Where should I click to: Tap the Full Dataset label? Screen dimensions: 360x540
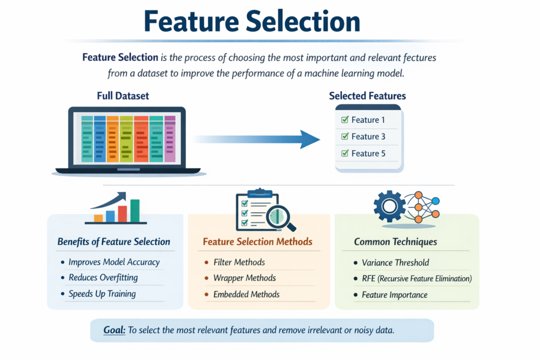[x=123, y=96]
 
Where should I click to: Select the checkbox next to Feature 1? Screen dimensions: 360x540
[x=345, y=120]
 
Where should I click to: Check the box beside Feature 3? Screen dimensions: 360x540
[x=345, y=137]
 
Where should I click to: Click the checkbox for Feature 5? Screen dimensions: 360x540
[x=345, y=153]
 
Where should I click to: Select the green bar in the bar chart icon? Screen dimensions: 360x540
[x=134, y=211]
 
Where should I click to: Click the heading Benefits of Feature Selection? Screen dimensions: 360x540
[x=113, y=242]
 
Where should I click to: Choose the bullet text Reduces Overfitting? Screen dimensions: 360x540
[x=103, y=278]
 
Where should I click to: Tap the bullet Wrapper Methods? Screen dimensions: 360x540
[x=244, y=278]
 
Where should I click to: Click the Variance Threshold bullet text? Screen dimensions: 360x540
[x=395, y=262]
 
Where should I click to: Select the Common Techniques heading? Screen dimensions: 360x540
[x=395, y=242]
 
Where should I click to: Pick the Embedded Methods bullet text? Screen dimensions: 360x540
[x=246, y=295]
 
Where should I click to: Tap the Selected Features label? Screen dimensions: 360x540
[x=367, y=96]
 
